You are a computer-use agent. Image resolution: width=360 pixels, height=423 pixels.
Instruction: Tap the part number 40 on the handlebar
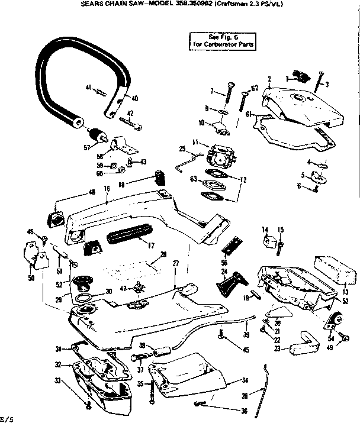134,98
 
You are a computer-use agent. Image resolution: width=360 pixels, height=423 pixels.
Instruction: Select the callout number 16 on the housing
107,189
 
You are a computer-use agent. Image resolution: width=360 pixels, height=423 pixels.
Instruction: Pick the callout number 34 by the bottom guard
245,380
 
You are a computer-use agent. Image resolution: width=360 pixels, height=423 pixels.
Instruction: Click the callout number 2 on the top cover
269,79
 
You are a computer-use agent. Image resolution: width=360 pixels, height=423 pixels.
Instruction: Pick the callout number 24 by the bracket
224,272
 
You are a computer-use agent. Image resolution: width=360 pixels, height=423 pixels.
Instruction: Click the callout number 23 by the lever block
277,349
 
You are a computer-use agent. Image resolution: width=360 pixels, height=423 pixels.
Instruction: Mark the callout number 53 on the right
345,301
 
